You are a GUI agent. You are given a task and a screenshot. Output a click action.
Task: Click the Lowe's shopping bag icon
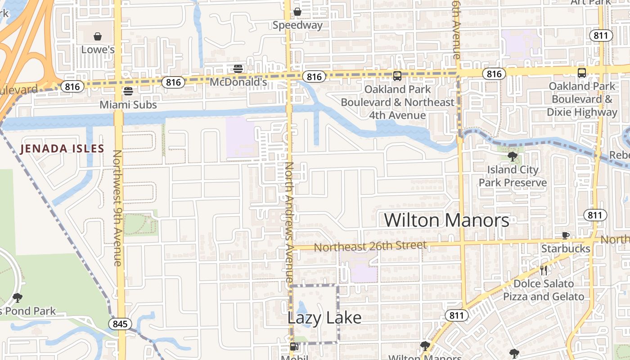(98, 36)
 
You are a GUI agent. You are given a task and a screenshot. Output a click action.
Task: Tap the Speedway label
(297, 25)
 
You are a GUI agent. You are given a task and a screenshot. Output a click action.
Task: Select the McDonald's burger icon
(238, 69)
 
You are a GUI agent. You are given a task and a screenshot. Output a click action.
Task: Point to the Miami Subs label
(128, 105)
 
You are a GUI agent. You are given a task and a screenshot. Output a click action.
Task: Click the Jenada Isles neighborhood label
(62, 149)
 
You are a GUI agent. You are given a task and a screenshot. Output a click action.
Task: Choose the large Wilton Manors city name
(446, 220)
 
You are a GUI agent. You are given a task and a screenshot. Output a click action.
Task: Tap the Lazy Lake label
(324, 318)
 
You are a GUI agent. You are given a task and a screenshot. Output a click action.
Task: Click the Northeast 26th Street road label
(370, 246)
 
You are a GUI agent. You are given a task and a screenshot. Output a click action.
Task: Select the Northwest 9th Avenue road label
(117, 208)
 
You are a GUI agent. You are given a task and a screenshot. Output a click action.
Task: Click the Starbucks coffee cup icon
(566, 235)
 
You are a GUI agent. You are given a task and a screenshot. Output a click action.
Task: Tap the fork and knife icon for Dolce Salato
(544, 270)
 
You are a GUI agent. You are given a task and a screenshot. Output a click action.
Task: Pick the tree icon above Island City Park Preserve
(512, 157)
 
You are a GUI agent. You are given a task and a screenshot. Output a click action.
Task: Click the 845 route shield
(120, 324)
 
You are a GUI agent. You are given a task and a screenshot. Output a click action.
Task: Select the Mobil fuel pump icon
(294, 346)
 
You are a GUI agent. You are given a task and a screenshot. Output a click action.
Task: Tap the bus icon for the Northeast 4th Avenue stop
(397, 76)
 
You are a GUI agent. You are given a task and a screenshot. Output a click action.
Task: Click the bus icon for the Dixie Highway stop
(581, 73)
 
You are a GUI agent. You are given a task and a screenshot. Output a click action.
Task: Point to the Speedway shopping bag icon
(297, 12)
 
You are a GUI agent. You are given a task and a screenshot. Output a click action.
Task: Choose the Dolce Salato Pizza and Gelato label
(544, 290)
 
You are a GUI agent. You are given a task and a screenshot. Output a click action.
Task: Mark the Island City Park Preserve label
(513, 176)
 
